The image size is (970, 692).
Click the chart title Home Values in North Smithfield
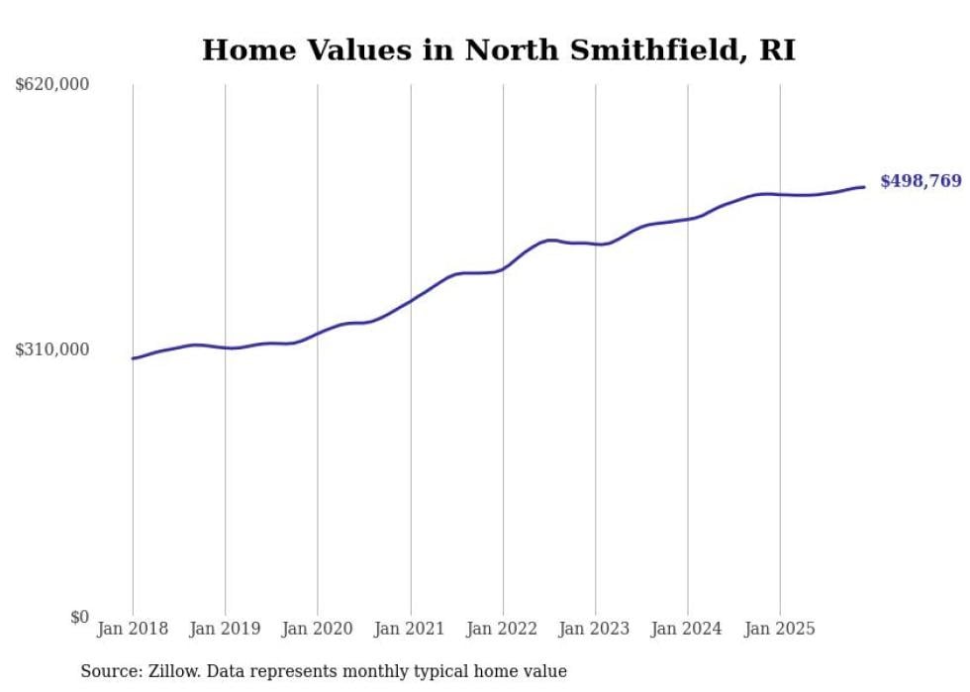(x=498, y=50)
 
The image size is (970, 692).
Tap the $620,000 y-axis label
(x=52, y=85)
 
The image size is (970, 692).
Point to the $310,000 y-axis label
(x=52, y=349)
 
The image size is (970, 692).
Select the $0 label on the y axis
(x=79, y=617)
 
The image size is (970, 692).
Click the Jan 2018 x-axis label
(x=133, y=629)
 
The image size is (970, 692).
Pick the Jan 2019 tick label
(x=225, y=629)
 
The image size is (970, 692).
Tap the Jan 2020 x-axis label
(x=318, y=629)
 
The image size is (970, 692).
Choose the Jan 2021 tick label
(x=410, y=629)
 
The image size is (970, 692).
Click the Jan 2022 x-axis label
(x=503, y=629)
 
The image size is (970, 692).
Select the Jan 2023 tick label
(x=595, y=629)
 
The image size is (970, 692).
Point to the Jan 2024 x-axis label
(x=688, y=629)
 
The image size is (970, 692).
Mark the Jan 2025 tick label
(x=780, y=629)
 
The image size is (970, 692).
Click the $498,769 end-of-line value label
(x=921, y=181)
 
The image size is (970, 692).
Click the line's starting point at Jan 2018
(x=134, y=358)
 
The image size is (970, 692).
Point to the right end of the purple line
(x=864, y=187)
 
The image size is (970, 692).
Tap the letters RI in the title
(x=777, y=50)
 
